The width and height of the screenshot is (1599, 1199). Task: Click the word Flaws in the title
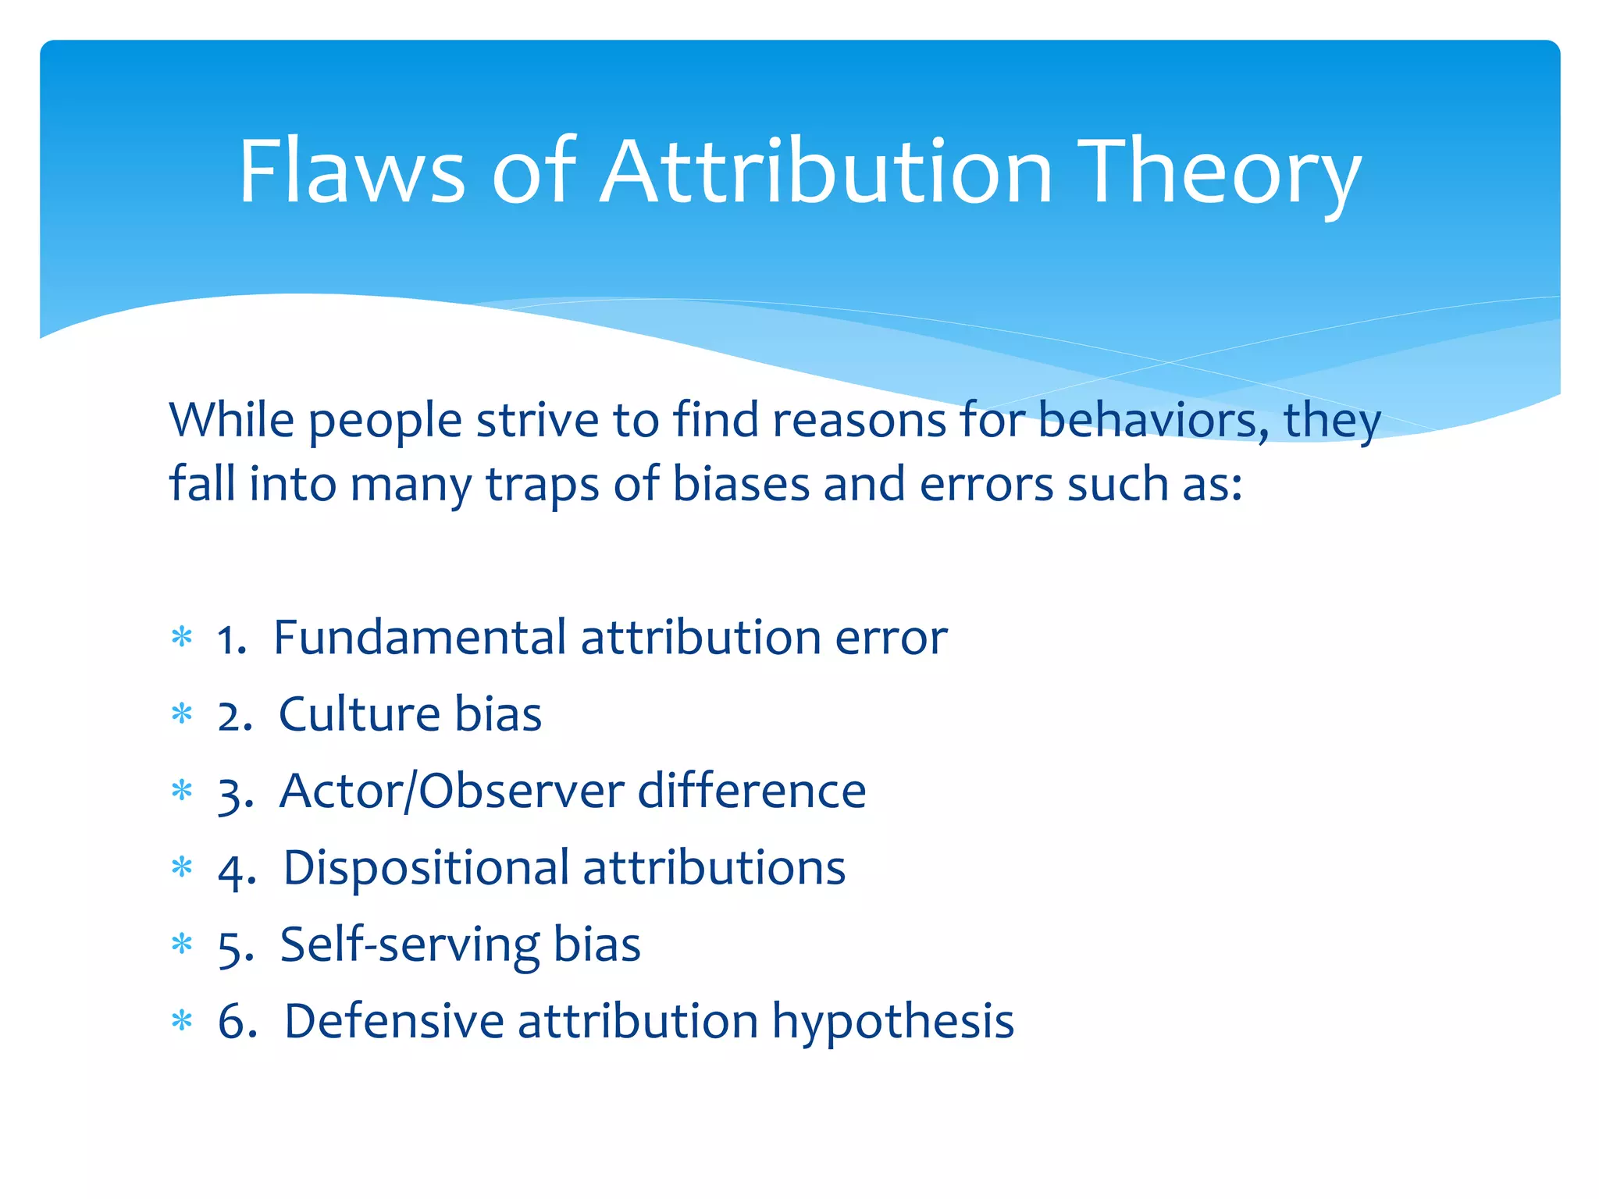351,171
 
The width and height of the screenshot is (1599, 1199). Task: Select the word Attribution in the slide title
828,171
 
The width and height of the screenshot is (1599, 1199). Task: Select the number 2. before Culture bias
235,715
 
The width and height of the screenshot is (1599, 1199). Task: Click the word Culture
359,713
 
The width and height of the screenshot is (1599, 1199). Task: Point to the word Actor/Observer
452,791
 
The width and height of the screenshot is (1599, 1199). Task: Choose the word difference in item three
752,790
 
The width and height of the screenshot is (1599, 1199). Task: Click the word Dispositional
426,867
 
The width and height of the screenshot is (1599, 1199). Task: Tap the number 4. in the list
237,870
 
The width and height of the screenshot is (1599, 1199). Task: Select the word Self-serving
409,945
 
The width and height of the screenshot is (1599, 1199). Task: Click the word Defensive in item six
394,1020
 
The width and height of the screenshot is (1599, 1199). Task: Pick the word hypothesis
893,1022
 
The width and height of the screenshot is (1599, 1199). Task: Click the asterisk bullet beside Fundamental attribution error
182,638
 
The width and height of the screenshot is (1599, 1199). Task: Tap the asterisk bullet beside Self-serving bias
182,945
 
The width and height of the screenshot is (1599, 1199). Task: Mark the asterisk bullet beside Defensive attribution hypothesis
182,1021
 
